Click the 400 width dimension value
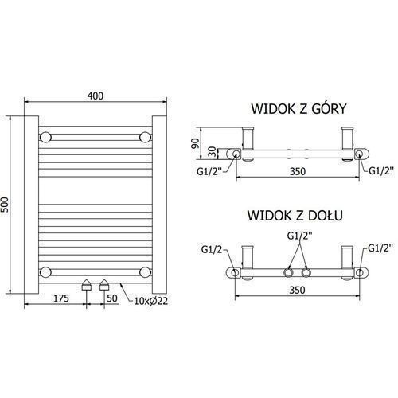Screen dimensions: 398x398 (96, 96)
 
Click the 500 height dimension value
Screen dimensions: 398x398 (5, 205)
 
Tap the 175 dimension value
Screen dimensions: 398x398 (61, 298)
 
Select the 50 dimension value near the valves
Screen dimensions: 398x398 (112, 298)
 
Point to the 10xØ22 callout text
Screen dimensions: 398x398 (150, 301)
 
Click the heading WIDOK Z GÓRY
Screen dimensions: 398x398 (298, 108)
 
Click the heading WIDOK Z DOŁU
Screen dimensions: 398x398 (295, 216)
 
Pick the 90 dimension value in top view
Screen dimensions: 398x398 (195, 143)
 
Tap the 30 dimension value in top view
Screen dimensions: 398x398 (212, 153)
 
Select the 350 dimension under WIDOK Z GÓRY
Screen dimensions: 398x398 (298, 171)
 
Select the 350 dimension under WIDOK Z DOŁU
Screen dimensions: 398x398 (297, 290)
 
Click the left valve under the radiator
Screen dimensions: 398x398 (87, 285)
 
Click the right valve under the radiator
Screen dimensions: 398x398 (104, 285)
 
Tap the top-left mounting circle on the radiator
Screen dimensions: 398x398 (45, 137)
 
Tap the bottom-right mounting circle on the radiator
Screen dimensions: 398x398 (145, 272)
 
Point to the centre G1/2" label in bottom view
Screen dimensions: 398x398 (300, 236)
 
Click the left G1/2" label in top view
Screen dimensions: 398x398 (209, 171)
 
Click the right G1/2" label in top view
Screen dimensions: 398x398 (381, 170)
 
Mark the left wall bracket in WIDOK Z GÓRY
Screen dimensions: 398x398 (248, 144)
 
